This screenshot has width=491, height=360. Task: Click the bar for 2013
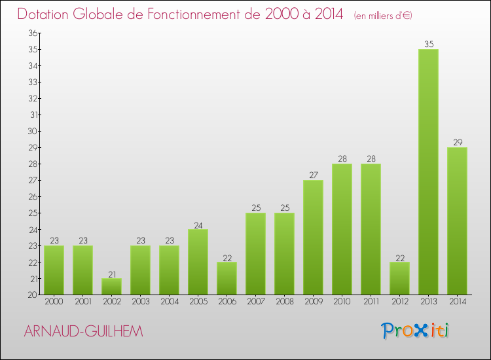pos(428,171)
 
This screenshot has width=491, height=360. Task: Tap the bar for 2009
pos(313,237)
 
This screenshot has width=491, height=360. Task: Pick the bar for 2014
pos(457,221)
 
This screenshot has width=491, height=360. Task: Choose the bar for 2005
pos(198,262)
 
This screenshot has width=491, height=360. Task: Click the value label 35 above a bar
pos(428,45)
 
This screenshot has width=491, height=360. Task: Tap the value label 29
pos(457,143)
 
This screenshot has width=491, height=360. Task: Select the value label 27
pos(313,175)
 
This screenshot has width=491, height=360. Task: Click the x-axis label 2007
pos(255,301)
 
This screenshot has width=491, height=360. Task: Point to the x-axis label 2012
pos(399,301)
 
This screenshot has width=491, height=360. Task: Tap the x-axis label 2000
pos(54,301)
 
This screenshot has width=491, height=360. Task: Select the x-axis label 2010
pos(342,301)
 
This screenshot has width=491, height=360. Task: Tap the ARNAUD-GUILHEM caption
pos(82,332)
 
